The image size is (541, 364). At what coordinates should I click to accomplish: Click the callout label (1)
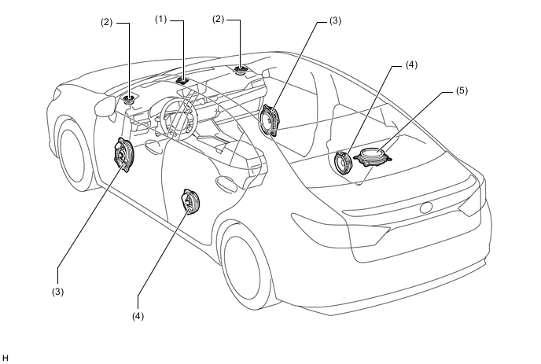point(160,20)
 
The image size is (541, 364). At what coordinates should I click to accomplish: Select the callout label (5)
point(462,90)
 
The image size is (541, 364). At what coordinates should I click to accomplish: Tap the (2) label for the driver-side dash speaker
point(107,23)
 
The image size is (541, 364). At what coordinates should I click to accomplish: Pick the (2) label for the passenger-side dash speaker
point(218,20)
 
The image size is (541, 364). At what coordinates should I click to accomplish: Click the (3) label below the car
point(58,292)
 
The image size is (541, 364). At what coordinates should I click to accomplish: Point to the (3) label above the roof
point(335,20)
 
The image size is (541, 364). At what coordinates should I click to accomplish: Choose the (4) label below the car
point(138,316)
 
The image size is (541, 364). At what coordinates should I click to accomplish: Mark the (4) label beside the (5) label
point(411,65)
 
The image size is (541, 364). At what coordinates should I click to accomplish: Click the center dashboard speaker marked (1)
point(182,81)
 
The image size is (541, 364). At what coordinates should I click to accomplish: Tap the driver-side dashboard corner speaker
point(130,100)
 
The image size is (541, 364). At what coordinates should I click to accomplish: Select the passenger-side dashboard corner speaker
point(240,71)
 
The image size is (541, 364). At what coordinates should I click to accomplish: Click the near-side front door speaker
point(124,155)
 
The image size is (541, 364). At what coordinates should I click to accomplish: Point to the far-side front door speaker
point(270,121)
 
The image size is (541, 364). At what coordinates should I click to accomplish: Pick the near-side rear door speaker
point(190,202)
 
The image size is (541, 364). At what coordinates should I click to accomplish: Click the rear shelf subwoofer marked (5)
point(373,157)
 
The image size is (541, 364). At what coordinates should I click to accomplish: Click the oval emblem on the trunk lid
point(426,208)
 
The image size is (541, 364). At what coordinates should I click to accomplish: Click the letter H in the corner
point(6,358)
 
